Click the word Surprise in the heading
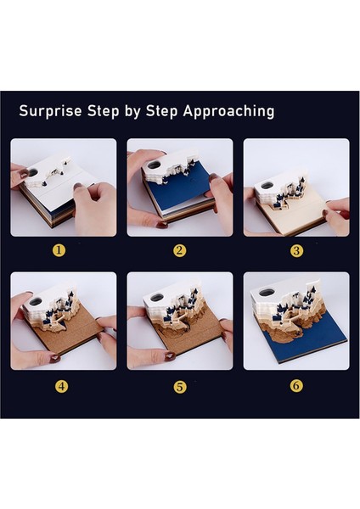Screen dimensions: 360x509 coord(50,110)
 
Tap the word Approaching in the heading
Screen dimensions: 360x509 coord(229,112)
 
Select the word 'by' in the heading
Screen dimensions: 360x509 coord(132,112)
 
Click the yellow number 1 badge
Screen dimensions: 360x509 coord(59,250)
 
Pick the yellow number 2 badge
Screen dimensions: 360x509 coord(179,250)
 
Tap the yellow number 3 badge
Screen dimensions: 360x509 coord(296,250)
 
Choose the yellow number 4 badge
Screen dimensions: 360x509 coord(62,386)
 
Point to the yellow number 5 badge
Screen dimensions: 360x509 coord(179,387)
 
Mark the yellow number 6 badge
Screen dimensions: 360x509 coord(296,385)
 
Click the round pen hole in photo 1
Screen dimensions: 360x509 coord(33,172)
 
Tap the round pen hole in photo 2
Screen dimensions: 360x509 coord(155,165)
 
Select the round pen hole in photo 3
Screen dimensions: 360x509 coord(267,185)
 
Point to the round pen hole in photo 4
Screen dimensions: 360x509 coord(36,302)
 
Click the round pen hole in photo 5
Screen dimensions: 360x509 coord(157,297)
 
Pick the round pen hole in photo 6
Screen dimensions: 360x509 coord(266,293)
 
